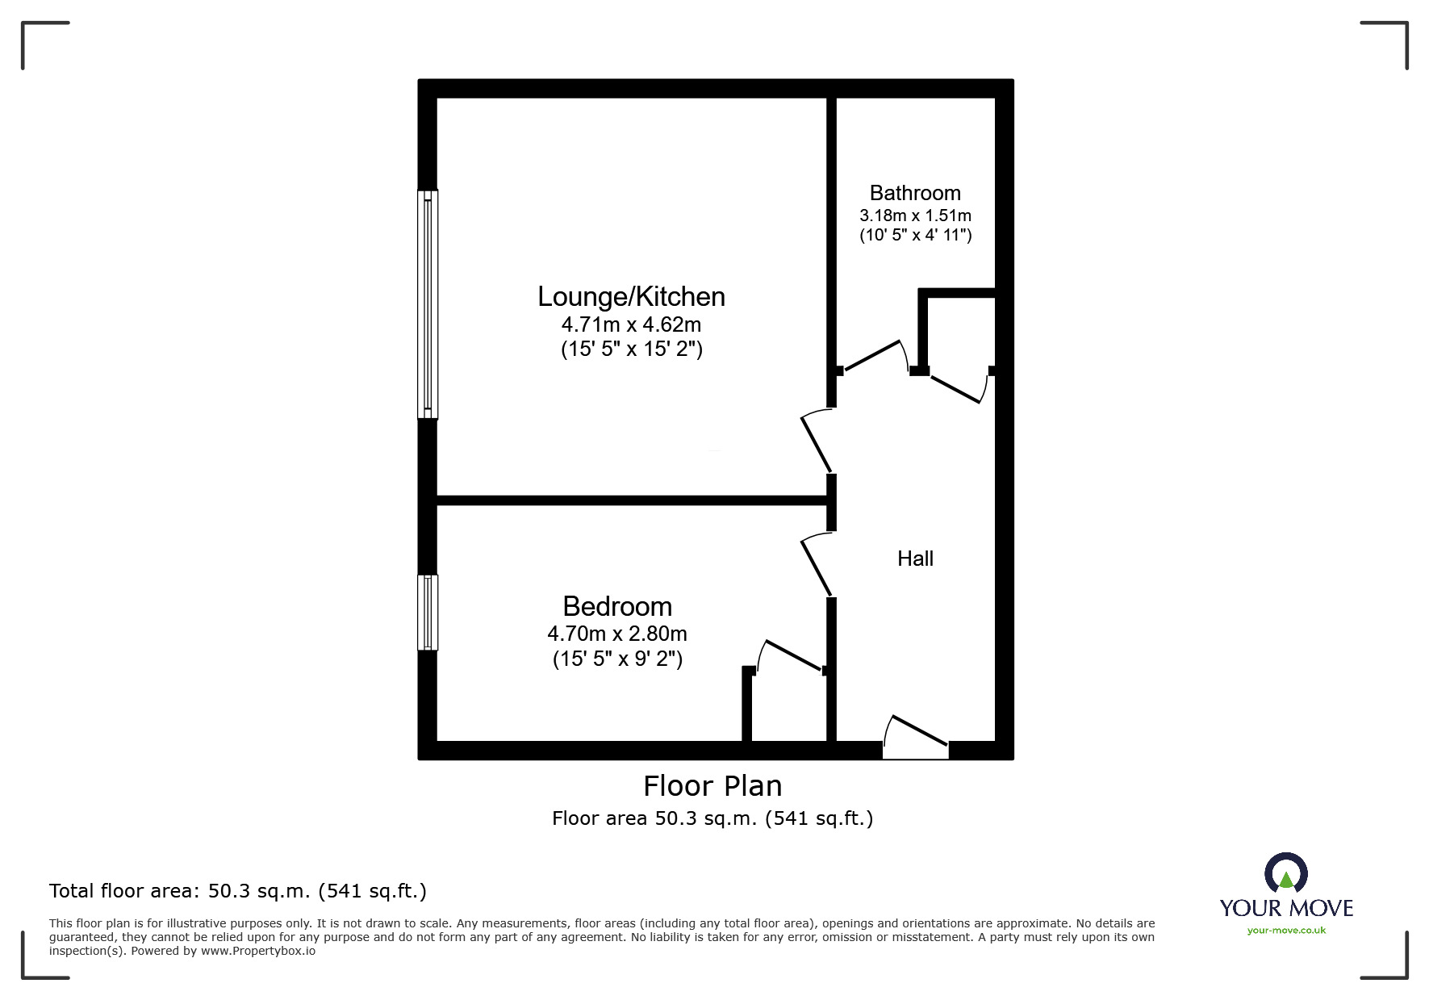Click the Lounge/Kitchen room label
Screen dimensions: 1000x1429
(x=631, y=297)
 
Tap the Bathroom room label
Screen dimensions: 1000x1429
(x=915, y=193)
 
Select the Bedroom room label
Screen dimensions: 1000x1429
(x=617, y=606)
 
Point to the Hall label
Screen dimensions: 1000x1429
(x=915, y=559)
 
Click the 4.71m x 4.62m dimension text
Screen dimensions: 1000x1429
(x=631, y=325)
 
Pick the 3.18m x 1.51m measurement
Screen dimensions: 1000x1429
(x=915, y=215)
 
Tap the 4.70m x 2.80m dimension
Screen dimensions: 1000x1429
(x=617, y=634)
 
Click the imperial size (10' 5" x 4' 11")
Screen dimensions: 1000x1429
(x=915, y=236)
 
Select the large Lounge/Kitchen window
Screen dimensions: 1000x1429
(x=428, y=304)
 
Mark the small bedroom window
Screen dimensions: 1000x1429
(x=428, y=612)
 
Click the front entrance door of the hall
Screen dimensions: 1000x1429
(x=916, y=738)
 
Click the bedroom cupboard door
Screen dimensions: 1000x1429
(x=791, y=655)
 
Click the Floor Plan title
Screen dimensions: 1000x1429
(x=712, y=786)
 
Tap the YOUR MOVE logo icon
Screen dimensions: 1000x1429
(x=1285, y=873)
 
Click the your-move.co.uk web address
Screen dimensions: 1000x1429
(x=1286, y=931)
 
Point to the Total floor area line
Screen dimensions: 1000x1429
(x=238, y=891)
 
